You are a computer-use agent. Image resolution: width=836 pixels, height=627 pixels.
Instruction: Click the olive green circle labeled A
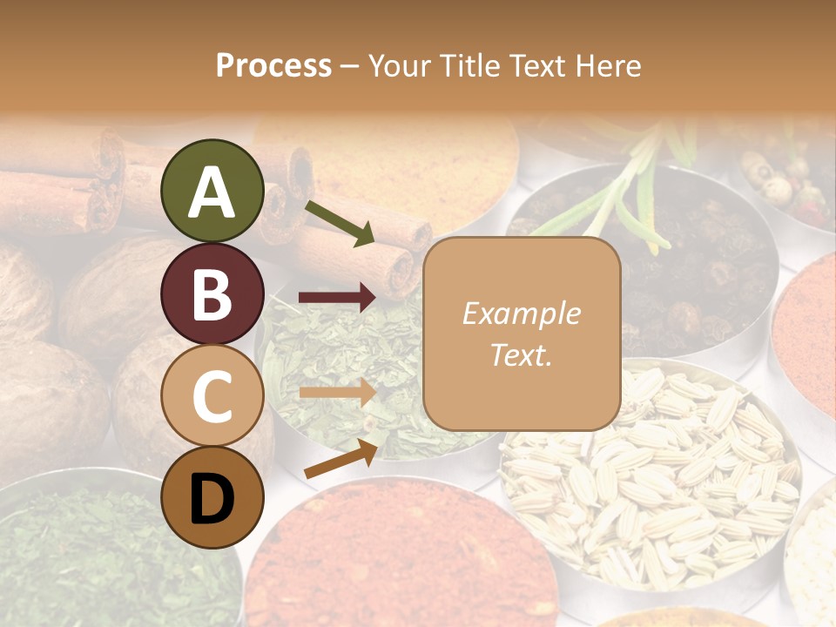(x=212, y=191)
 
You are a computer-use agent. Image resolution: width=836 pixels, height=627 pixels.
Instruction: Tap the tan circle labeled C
(x=212, y=395)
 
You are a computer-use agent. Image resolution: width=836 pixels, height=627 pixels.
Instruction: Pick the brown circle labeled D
(x=212, y=497)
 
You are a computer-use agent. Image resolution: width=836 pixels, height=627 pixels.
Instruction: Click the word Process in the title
(x=273, y=66)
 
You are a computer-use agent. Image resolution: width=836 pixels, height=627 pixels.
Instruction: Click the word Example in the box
(x=521, y=313)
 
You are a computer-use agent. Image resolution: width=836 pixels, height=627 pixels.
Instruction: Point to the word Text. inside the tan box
(x=521, y=354)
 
